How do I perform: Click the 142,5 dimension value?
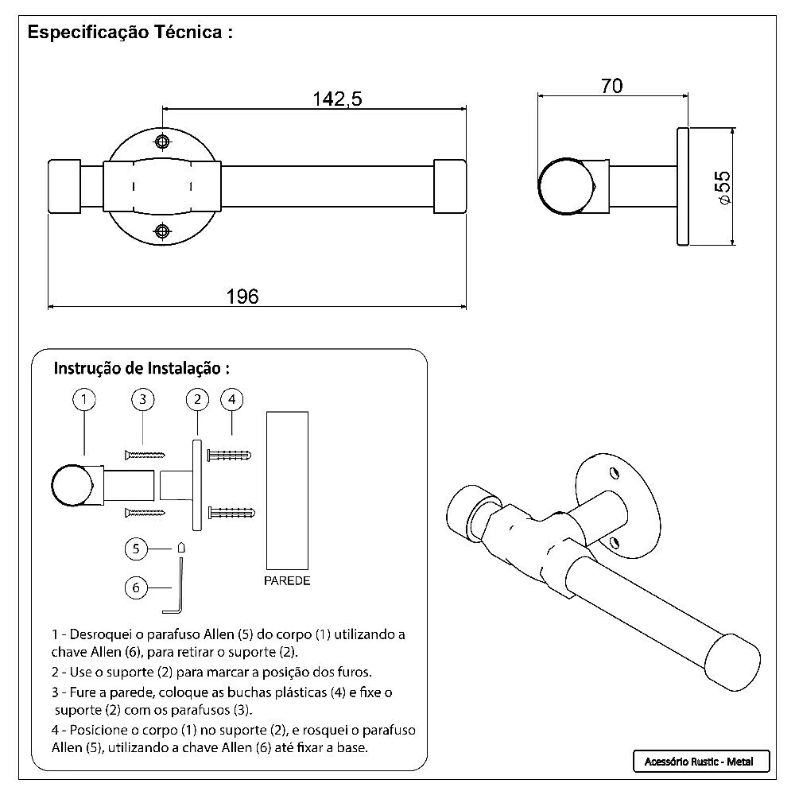pyautogui.click(x=337, y=99)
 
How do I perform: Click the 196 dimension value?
pyautogui.click(x=242, y=297)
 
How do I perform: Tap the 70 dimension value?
pyautogui.click(x=611, y=86)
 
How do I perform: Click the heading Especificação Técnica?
pyautogui.click(x=130, y=33)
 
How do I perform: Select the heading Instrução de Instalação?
pyautogui.click(x=142, y=369)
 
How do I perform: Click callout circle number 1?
pyautogui.click(x=84, y=399)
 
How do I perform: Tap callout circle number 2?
pyautogui.click(x=196, y=399)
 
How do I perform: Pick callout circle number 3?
pyautogui.click(x=142, y=399)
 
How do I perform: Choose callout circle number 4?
pyautogui.click(x=231, y=399)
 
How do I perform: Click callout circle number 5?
pyautogui.click(x=137, y=548)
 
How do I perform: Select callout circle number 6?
pyautogui.click(x=137, y=588)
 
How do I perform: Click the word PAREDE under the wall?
pyautogui.click(x=287, y=581)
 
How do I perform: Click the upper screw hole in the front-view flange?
pyautogui.click(x=163, y=142)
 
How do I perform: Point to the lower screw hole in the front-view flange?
pyautogui.click(x=163, y=231)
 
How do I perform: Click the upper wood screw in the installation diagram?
pyautogui.click(x=145, y=455)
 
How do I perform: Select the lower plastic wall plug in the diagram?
pyautogui.click(x=230, y=511)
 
